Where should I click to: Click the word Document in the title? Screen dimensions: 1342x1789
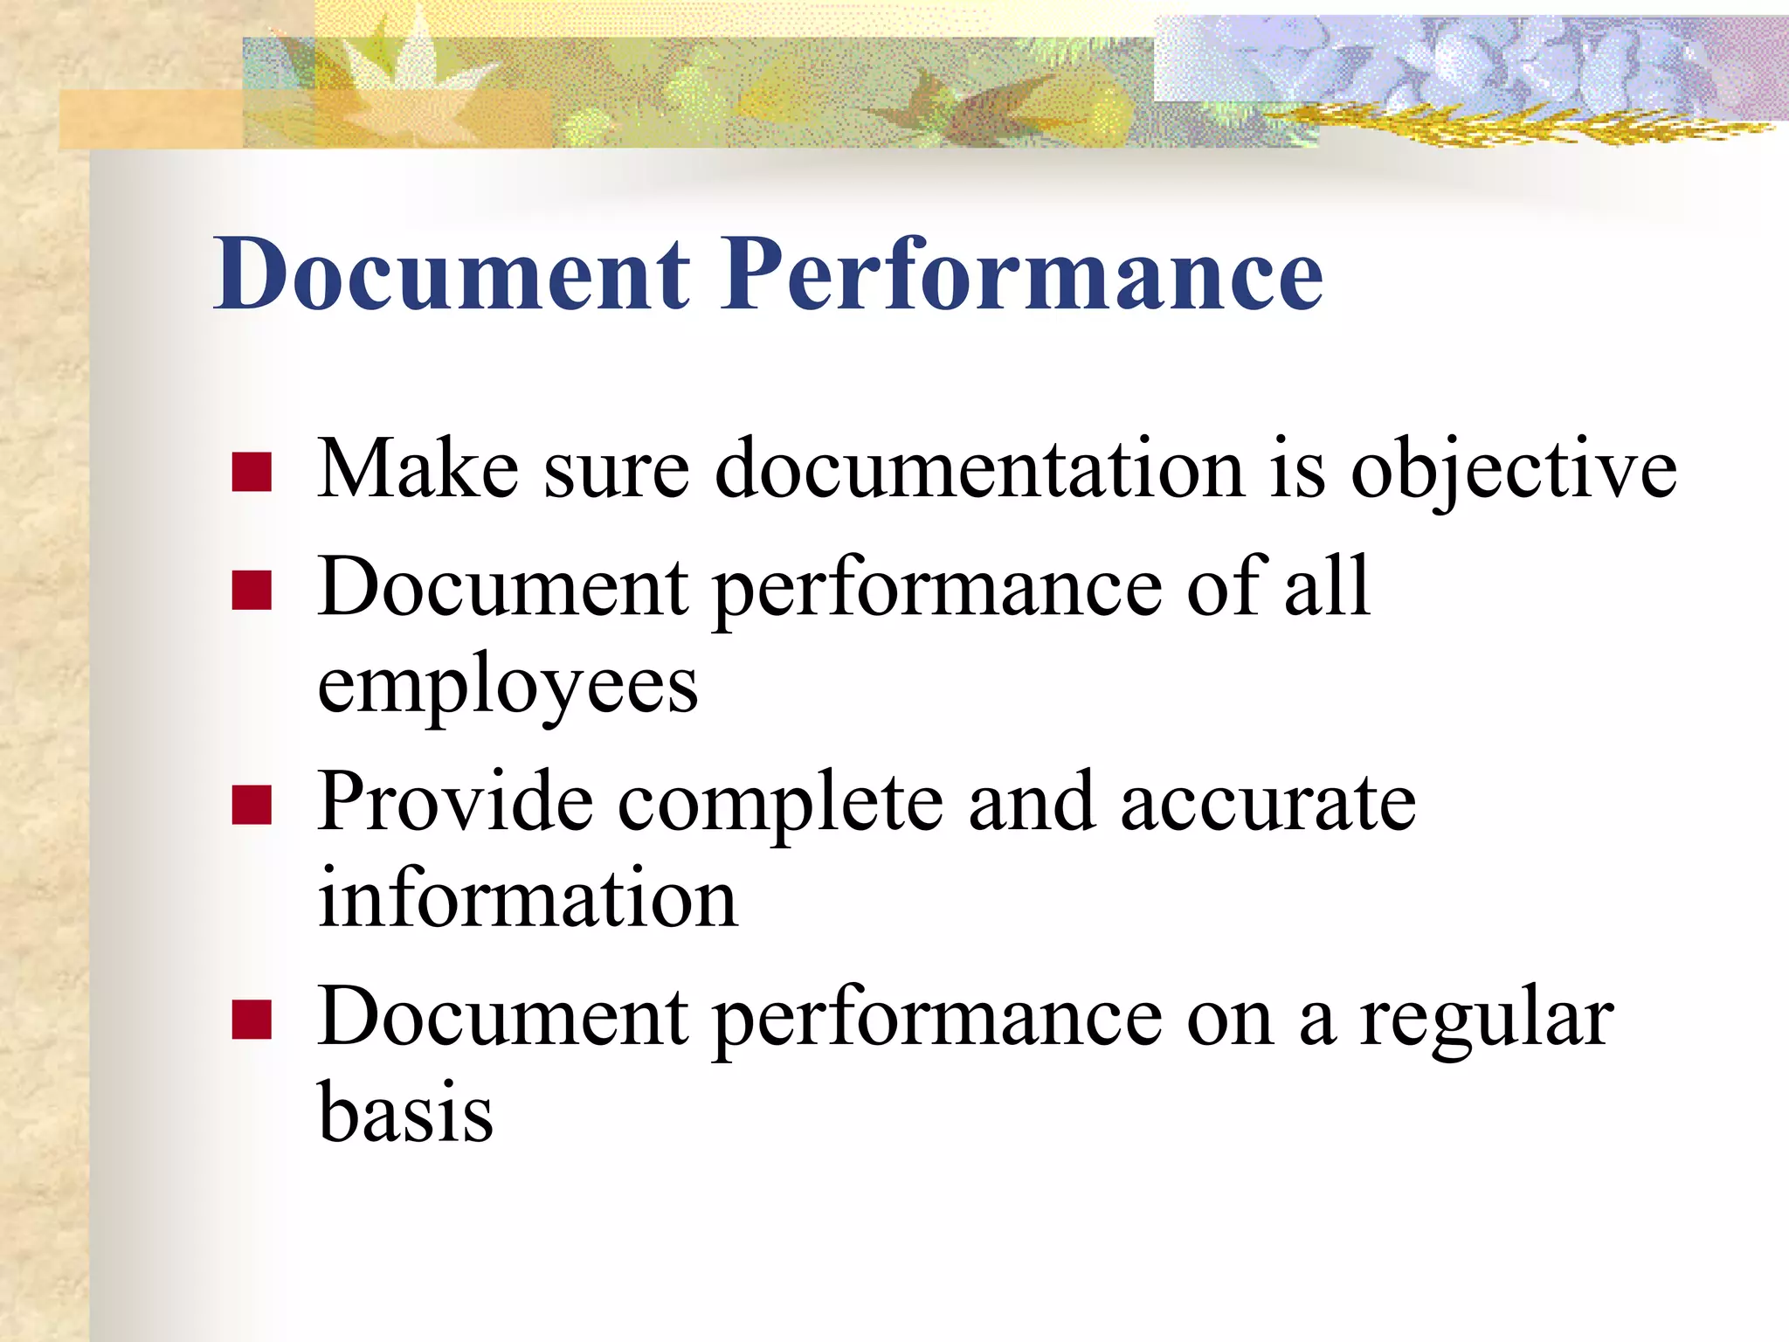[x=452, y=274]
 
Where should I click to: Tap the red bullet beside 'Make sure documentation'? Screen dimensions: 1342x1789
[x=252, y=472]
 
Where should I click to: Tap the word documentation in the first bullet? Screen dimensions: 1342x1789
[x=978, y=470]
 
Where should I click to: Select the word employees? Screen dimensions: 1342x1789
[x=508, y=687]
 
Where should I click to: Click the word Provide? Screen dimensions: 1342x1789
[x=454, y=802]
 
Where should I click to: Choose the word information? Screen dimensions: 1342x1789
[x=527, y=898]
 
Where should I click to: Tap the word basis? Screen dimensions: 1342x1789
[x=405, y=1113]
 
